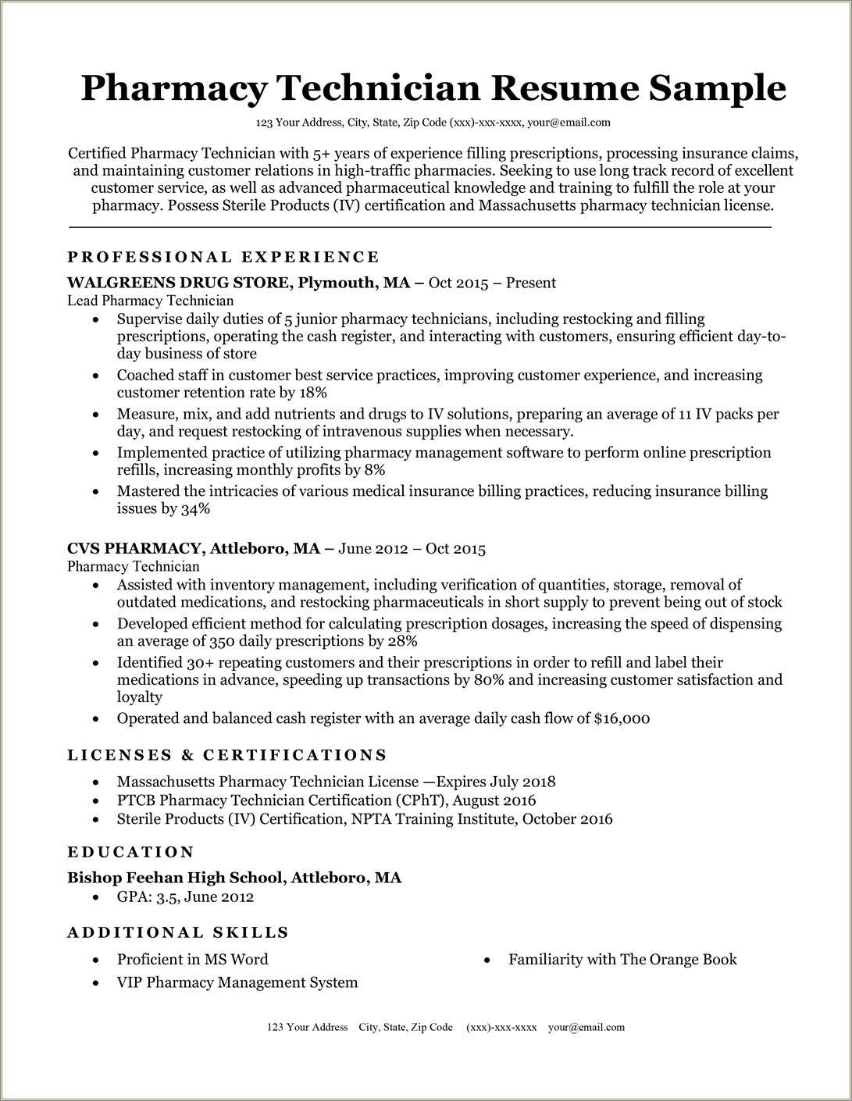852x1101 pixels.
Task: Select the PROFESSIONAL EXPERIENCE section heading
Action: pyautogui.click(x=223, y=257)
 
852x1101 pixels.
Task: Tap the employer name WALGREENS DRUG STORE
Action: pyautogui.click(x=177, y=283)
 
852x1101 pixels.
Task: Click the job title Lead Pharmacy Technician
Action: pyautogui.click(x=150, y=301)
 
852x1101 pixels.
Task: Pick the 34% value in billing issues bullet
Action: pyautogui.click(x=195, y=508)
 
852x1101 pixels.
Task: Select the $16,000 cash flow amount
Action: pyautogui.click(x=622, y=718)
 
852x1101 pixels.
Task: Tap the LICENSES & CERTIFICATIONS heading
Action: pyautogui.click(x=227, y=755)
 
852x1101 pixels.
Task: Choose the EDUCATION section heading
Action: pyautogui.click(x=130, y=852)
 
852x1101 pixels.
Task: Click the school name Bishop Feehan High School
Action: pyautogui.click(x=176, y=878)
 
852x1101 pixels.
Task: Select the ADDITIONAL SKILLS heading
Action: pyautogui.click(x=178, y=932)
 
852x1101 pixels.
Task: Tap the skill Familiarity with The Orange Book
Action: pyautogui.click(x=622, y=959)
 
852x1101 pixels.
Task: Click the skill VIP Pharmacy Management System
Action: pyautogui.click(x=237, y=982)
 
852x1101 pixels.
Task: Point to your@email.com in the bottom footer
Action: pyautogui.click(x=586, y=1027)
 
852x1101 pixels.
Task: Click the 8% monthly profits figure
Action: pyautogui.click(x=374, y=469)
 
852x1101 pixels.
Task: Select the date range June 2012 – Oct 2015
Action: pyautogui.click(x=412, y=548)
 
